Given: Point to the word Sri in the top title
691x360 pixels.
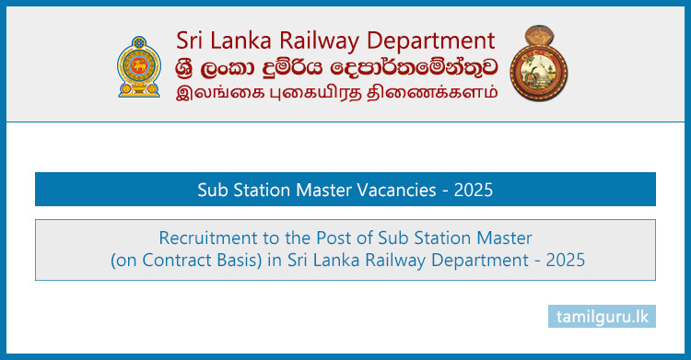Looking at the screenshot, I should (x=192, y=40).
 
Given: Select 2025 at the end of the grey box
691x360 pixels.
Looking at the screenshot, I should (x=563, y=261).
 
